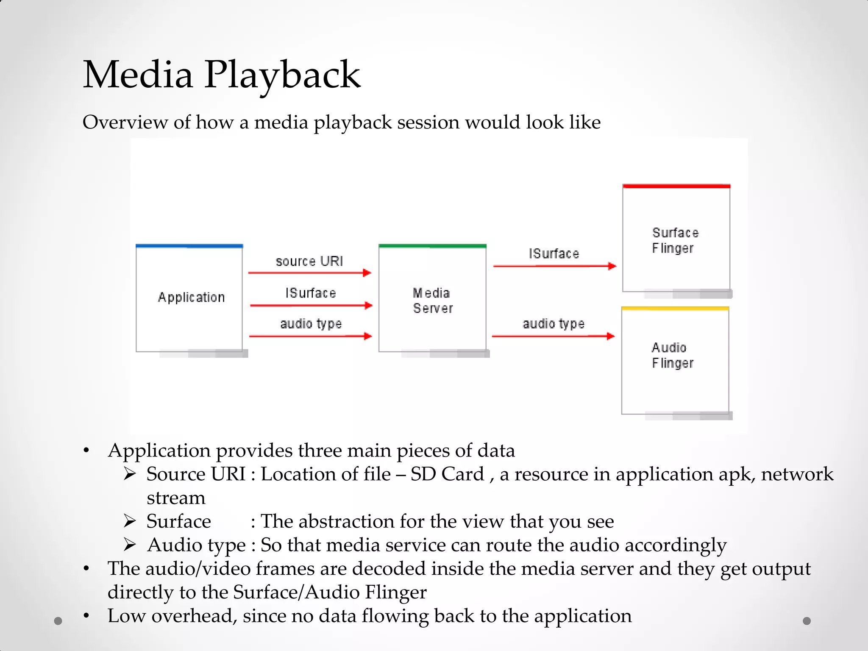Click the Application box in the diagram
pos(189,298)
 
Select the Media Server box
pos(432,299)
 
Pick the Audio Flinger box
pos(675,360)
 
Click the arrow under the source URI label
pos(309,273)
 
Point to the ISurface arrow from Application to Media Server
pos(311,305)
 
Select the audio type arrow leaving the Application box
pos(310,336)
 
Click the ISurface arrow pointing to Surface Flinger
pos(554,266)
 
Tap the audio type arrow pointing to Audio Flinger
pos(553,336)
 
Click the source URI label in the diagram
pos(309,261)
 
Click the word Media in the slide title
pos(138,75)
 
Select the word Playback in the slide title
pos(282,75)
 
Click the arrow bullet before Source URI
pos(130,474)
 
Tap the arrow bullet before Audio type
pos(130,545)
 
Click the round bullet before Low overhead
pos(86,615)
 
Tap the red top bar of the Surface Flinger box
pos(676,186)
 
